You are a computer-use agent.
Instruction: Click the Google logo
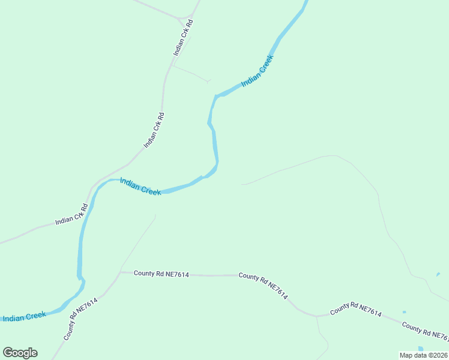click(20, 353)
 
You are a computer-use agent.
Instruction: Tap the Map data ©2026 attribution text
click(424, 355)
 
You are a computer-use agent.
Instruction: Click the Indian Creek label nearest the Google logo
click(24, 316)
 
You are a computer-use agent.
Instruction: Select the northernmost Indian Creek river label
click(258, 71)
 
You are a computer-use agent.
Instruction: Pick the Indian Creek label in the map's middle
click(140, 186)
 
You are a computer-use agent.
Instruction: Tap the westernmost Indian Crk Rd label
click(72, 214)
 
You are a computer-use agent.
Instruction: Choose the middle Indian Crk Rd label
click(154, 130)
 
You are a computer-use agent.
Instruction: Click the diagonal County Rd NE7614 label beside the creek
click(80, 319)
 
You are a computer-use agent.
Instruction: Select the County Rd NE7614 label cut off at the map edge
click(424, 331)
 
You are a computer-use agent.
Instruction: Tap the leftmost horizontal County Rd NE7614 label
click(161, 274)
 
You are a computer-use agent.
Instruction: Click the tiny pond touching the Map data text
click(421, 349)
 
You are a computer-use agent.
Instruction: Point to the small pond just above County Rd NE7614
click(404, 312)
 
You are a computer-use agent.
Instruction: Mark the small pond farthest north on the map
click(438, 274)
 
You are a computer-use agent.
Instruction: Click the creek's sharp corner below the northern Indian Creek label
click(216, 95)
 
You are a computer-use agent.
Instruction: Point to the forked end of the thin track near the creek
click(208, 81)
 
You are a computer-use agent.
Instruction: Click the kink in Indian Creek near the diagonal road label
click(80, 277)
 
